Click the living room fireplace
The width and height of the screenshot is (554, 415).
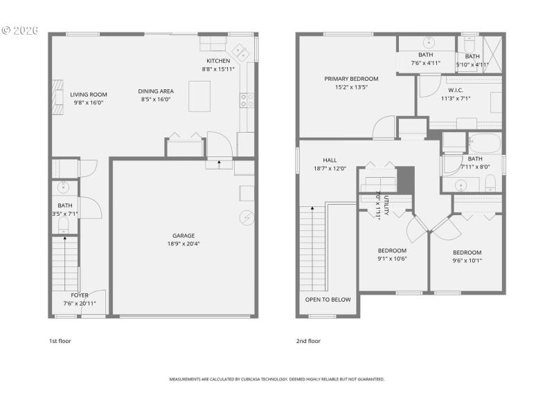[57, 95]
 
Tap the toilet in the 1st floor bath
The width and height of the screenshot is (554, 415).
[64, 223]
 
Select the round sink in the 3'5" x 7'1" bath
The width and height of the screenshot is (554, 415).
[64, 187]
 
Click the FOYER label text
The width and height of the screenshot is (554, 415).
[80, 295]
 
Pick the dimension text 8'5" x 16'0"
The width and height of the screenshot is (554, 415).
[156, 100]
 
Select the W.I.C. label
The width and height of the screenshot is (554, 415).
[455, 90]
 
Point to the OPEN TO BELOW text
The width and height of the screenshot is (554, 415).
[328, 299]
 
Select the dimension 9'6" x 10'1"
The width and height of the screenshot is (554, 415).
[467, 261]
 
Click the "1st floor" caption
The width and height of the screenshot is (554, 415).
[60, 341]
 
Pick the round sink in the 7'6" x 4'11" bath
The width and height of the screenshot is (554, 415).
[427, 41]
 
